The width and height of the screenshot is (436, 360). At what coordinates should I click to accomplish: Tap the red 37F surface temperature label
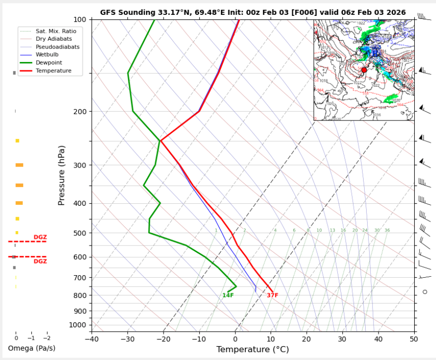pos(272,296)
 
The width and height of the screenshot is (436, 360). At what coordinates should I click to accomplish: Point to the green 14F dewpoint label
pos(228,296)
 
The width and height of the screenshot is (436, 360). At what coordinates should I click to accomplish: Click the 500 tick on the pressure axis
pos(79,233)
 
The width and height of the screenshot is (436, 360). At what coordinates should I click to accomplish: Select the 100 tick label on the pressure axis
pos(79,19)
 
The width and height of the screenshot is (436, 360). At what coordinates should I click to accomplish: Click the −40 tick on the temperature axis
pos(92,339)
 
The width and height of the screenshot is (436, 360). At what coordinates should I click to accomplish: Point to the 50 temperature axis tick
pos(414,339)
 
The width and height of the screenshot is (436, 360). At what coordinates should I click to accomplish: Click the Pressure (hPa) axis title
pos(61,176)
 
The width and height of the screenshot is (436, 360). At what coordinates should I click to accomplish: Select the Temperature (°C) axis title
pos(252,350)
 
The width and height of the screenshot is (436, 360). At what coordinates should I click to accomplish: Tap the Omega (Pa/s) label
pos(32,348)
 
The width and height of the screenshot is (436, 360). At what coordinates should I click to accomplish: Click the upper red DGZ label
pos(40,237)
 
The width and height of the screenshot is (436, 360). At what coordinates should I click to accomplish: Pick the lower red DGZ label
pos(40,261)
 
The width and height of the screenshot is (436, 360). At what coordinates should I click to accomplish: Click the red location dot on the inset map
pos(365,70)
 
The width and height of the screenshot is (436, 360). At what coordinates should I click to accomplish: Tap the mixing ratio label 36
pos(387,231)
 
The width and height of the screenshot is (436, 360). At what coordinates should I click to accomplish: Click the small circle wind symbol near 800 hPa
pos(425,292)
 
